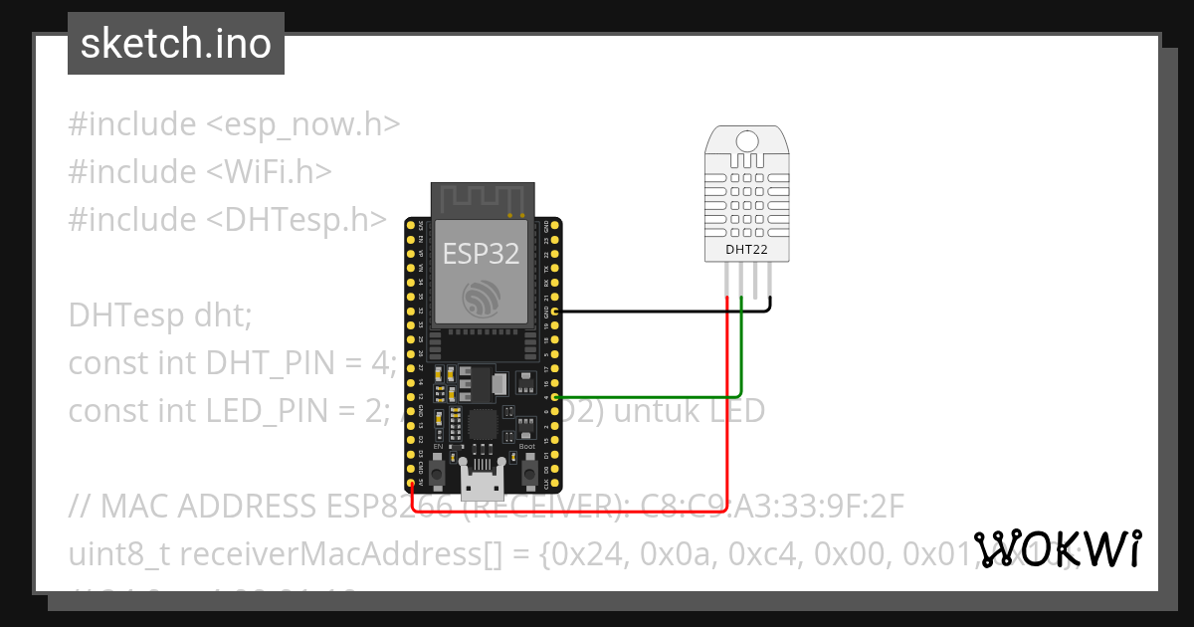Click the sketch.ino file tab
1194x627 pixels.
[175, 44]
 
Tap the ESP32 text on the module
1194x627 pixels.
[482, 254]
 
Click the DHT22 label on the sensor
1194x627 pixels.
[746, 250]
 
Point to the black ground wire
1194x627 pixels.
[657, 312]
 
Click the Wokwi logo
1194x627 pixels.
[1057, 549]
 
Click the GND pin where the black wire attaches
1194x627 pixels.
[554, 312]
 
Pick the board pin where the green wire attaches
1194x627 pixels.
[554, 396]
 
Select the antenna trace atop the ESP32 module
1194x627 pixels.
[483, 200]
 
